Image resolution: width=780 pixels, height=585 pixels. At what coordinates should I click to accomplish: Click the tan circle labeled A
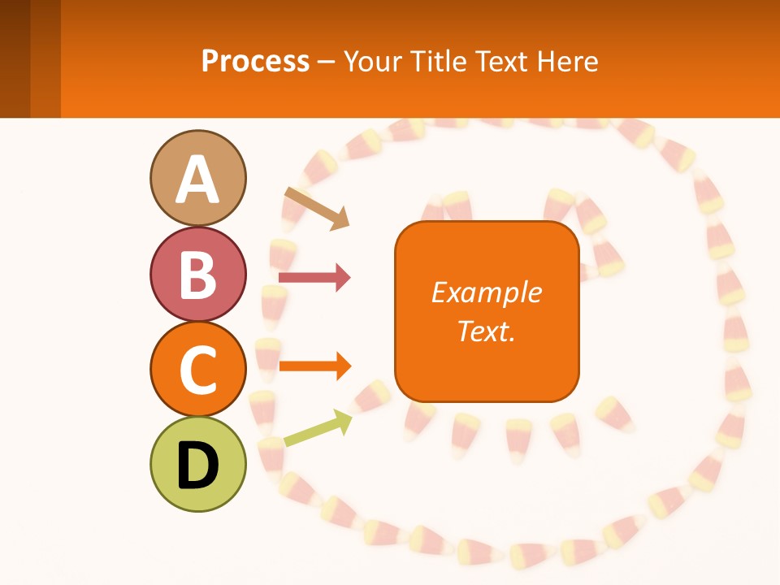click(x=197, y=177)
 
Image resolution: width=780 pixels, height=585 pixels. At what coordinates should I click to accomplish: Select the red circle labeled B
click(x=197, y=275)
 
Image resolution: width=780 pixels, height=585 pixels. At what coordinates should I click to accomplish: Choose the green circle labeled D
click(x=197, y=464)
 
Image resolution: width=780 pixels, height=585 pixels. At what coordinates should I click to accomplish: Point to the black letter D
click(x=197, y=466)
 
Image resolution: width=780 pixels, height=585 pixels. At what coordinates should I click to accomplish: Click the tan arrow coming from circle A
click(x=318, y=208)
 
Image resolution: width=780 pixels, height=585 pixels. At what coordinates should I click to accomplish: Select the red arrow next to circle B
click(x=314, y=278)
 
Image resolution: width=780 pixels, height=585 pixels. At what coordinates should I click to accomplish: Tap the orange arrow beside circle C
click(x=314, y=366)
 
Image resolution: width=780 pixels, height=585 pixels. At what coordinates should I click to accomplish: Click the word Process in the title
click(x=255, y=62)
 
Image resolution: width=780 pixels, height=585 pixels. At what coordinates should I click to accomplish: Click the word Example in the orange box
click(x=486, y=292)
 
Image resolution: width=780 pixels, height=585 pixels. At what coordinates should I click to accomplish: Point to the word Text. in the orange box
click(x=486, y=331)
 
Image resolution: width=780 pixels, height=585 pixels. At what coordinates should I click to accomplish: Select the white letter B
click(x=197, y=275)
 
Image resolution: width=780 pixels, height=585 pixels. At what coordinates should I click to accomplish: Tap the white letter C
click(x=197, y=370)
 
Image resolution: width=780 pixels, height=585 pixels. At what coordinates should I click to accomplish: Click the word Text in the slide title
click(x=502, y=62)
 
